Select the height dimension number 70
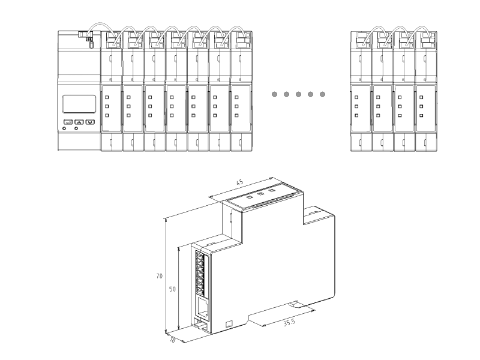tap(158, 276)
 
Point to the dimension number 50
tap(172, 289)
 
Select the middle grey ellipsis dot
tap(298, 94)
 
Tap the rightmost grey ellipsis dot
tap(323, 94)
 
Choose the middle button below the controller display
tap(79, 122)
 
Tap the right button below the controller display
tap(90, 122)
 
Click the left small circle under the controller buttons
tap(65, 129)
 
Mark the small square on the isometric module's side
tap(228, 325)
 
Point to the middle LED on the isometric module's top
tap(260, 194)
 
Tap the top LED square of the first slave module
tap(107, 96)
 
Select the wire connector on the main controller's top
tap(86, 36)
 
